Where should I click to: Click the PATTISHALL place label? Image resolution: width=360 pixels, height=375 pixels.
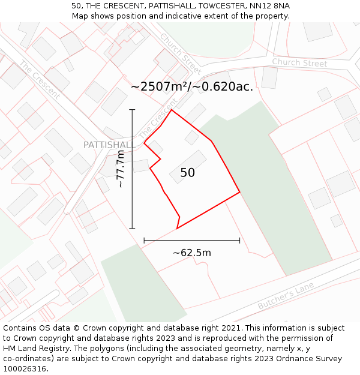point(109,145)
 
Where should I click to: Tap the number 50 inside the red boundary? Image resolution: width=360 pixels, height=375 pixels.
point(187,173)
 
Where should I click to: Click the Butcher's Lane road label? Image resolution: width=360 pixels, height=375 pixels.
point(286,297)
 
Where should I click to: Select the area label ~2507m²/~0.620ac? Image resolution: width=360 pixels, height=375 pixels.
point(192,87)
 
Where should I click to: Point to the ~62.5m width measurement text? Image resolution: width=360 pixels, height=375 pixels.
point(192,253)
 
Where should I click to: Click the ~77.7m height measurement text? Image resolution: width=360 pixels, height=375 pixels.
point(121,169)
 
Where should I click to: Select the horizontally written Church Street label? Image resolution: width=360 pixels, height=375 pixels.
point(299,63)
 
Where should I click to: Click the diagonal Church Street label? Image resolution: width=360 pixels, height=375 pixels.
point(180,53)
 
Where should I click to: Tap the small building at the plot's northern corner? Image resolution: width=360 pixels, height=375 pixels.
point(192,137)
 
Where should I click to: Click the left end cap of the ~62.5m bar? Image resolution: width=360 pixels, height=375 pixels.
point(144,241)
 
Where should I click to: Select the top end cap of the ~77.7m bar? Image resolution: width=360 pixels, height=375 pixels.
point(132,110)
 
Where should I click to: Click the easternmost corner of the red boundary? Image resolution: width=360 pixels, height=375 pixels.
point(239,193)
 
